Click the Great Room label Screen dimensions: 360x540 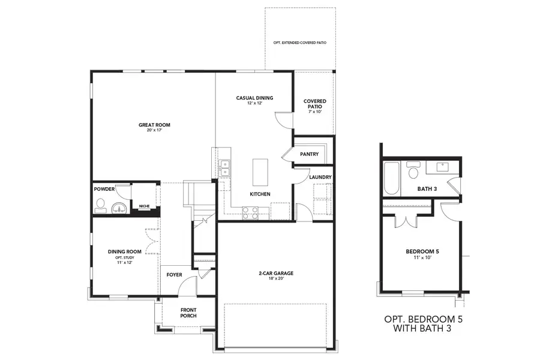pyautogui.click(x=154, y=125)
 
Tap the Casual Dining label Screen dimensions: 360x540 pyautogui.click(x=254, y=98)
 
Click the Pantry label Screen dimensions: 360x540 pyautogui.click(x=309, y=154)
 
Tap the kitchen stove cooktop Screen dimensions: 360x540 pyautogui.click(x=250, y=212)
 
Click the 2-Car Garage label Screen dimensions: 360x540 pyautogui.click(x=276, y=274)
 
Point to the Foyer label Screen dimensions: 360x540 pyautogui.click(x=174, y=275)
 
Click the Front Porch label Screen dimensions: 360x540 pyautogui.click(x=188, y=313)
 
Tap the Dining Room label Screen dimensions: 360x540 pyautogui.click(x=124, y=252)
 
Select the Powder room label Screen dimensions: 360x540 pyautogui.click(x=104, y=188)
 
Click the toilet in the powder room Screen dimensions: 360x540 pyautogui.click(x=100, y=205)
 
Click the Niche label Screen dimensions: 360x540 pyautogui.click(x=144, y=206)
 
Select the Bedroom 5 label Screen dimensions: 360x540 pyautogui.click(x=422, y=251)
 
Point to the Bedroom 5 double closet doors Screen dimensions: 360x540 pyautogui.click(x=407, y=219)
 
